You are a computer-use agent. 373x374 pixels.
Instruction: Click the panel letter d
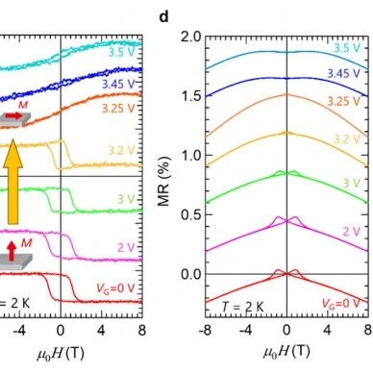[163, 16]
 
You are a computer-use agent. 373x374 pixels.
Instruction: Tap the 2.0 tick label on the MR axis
[191, 37]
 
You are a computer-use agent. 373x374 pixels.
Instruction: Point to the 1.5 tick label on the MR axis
[191, 96]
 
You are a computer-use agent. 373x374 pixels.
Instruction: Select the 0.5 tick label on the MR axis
[191, 214]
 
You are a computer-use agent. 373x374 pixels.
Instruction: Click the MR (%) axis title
[163, 182]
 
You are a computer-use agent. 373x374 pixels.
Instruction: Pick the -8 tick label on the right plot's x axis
[205, 330]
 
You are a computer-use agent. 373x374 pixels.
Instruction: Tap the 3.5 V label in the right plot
[347, 48]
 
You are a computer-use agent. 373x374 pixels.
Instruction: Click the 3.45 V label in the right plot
[343, 73]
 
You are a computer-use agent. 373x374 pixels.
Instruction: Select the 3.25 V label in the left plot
[117, 109]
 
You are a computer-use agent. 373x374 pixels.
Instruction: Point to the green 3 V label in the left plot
[125, 199]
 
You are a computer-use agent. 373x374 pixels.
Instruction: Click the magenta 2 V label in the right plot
[352, 231]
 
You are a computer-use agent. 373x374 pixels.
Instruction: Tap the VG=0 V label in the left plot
[115, 288]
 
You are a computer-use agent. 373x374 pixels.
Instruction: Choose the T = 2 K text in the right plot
[242, 307]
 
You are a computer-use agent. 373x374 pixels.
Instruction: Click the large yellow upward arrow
[12, 182]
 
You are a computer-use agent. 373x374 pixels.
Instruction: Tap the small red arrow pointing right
[13, 115]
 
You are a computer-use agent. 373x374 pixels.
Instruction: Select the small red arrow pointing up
[12, 251]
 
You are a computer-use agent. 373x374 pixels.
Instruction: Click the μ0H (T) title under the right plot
[286, 352]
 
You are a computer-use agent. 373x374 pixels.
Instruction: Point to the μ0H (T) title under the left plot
[61, 354]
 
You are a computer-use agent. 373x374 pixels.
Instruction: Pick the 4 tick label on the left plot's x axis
[101, 330]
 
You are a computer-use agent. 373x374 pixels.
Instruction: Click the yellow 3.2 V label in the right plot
[347, 139]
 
